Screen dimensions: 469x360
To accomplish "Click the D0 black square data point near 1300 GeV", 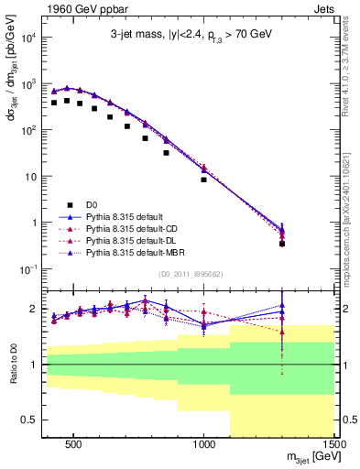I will pyautogui.click(x=282, y=244).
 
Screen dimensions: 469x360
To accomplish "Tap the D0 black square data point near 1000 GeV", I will pyautogui.click(x=204, y=180).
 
